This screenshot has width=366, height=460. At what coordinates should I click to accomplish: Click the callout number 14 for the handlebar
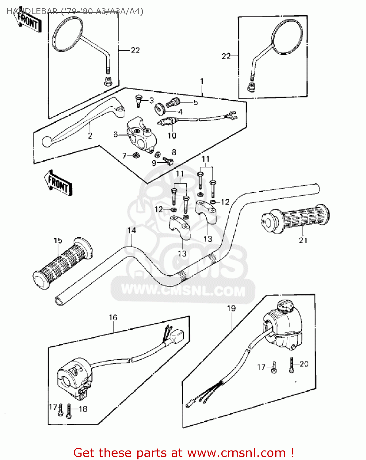tap(132, 230)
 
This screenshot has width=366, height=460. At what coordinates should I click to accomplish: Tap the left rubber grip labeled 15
tap(63, 263)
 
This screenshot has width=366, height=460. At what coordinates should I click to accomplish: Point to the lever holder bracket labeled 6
tap(139, 135)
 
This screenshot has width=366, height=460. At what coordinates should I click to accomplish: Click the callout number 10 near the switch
tap(172, 136)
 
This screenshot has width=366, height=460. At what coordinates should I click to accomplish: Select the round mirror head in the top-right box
tap(287, 36)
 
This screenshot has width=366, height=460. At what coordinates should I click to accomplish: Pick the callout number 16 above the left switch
tap(113, 317)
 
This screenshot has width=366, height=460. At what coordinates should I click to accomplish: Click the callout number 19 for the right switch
tap(231, 308)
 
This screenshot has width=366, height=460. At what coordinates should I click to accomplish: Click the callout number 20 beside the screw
tap(304, 364)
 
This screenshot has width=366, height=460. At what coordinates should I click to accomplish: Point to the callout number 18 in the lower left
tap(83, 409)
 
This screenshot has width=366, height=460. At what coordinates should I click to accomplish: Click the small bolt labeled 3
tap(138, 100)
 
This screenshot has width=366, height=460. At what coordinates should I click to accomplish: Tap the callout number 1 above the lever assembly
tap(202, 81)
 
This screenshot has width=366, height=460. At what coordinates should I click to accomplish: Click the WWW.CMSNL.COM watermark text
tap(183, 291)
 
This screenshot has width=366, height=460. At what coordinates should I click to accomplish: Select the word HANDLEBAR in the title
tap(31, 12)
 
